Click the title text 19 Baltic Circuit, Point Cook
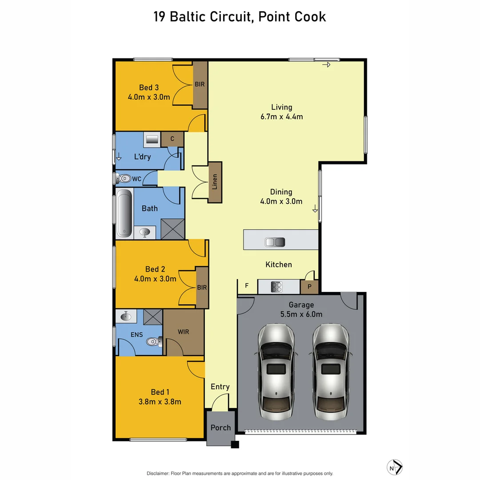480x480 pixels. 240,17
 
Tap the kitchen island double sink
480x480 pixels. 275,242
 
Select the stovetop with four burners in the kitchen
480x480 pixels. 276,287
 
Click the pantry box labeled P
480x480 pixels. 309,287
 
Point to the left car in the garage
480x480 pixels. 276,372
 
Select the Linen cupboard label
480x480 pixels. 215,182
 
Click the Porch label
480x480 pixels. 220,428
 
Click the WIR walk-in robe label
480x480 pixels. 184,332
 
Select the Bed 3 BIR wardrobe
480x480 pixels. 200,84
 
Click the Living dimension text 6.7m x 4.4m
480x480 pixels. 282,117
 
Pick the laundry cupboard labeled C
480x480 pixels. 172,139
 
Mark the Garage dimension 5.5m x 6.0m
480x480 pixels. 301,314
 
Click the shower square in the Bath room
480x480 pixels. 172,229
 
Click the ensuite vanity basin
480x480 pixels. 126,316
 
